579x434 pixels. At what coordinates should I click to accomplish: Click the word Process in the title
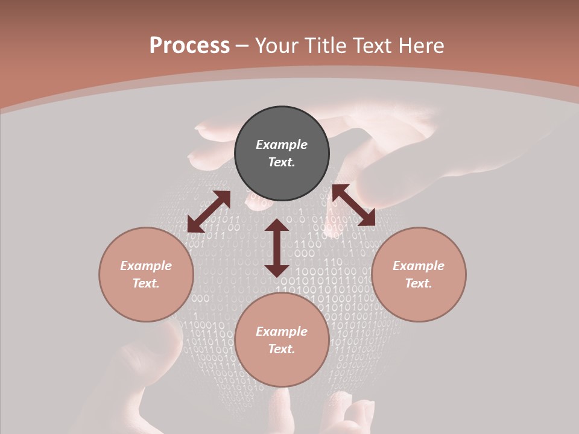189,46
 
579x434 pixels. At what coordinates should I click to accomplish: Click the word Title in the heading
324,46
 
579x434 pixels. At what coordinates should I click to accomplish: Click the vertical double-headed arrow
277,248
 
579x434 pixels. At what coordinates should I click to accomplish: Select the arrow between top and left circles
209,212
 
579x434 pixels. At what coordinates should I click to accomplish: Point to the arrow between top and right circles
353,206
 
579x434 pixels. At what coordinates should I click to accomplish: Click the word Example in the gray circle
282,145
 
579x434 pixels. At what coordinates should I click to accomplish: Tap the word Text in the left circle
146,283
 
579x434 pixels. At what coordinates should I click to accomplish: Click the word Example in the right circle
419,266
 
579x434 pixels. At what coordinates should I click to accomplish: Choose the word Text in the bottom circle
282,349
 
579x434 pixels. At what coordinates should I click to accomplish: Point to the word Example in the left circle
146,266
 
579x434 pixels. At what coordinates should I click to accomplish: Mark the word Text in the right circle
419,283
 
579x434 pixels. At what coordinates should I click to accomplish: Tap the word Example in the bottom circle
282,332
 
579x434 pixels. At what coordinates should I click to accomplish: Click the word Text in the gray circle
282,162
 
